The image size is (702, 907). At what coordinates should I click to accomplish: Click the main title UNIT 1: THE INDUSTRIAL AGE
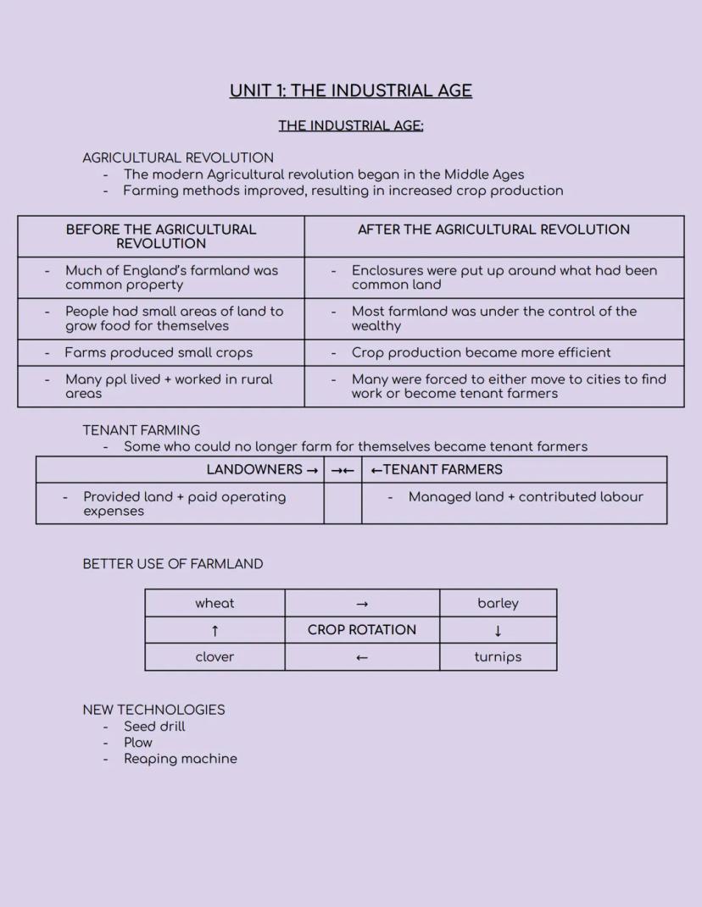[x=350, y=91]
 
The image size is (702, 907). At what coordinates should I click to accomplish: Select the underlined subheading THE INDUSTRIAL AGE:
[x=350, y=125]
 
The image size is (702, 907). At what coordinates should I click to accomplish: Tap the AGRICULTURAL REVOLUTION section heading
[x=178, y=158]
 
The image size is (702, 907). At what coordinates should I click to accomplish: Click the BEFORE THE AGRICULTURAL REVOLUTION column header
[x=161, y=236]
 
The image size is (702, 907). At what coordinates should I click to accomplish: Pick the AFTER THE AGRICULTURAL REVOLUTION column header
[x=493, y=230]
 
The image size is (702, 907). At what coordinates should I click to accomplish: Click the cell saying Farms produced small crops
[x=159, y=352]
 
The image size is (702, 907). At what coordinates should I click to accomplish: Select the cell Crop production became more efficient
[x=481, y=352]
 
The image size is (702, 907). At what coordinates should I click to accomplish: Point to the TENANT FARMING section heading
[x=142, y=430]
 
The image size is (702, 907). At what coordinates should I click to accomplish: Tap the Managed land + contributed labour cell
[x=526, y=497]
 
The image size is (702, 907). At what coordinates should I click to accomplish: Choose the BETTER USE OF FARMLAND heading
[x=173, y=564]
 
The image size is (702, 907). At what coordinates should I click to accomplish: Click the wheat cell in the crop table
[x=214, y=603]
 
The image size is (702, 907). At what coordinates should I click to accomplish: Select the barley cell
[x=498, y=603]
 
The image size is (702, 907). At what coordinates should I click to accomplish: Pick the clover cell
[x=214, y=657]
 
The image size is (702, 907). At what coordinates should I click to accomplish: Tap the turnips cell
[x=498, y=657]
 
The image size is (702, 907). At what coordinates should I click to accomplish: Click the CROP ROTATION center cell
[x=362, y=630]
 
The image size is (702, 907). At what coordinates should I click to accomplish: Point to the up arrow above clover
[x=214, y=630]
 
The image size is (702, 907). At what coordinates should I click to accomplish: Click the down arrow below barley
[x=498, y=630]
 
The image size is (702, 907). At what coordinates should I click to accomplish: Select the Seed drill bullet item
[x=154, y=727]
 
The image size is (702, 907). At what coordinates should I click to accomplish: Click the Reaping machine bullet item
[x=181, y=759]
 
